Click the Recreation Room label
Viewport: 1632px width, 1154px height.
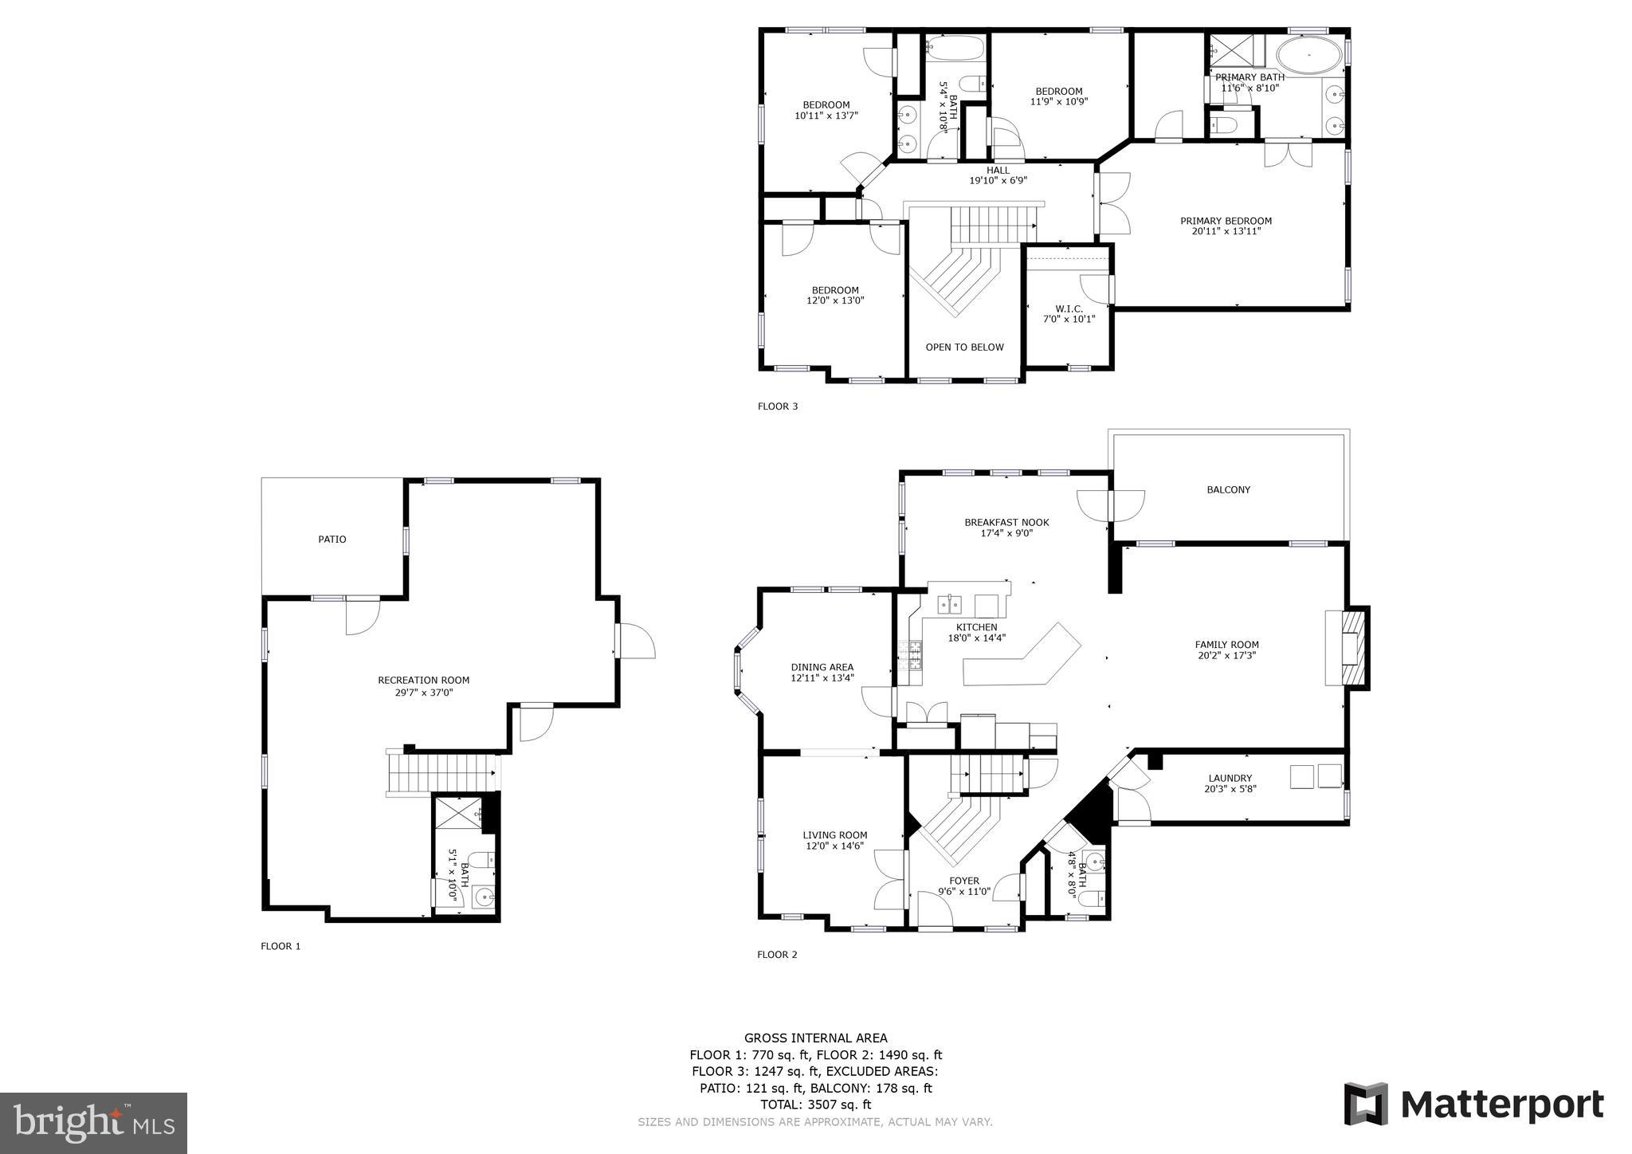coord(423,680)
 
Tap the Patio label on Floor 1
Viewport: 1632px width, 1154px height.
coord(332,540)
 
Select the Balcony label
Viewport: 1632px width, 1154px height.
coord(1228,489)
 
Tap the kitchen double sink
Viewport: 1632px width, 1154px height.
coord(950,604)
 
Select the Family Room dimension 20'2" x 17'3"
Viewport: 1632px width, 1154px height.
coord(1226,656)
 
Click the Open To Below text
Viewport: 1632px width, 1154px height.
coord(964,347)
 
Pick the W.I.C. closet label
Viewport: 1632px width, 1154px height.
coord(1069,308)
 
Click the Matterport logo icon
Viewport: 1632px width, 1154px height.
coord(1366,1104)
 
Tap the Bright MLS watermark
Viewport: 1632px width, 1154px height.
coord(93,1123)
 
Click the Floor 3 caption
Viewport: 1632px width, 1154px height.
coord(777,406)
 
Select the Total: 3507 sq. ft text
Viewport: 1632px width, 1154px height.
coord(815,1105)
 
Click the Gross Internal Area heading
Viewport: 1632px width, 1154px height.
coord(815,1038)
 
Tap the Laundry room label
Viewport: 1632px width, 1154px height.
coord(1230,778)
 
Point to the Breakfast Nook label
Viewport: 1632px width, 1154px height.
coord(1006,522)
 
